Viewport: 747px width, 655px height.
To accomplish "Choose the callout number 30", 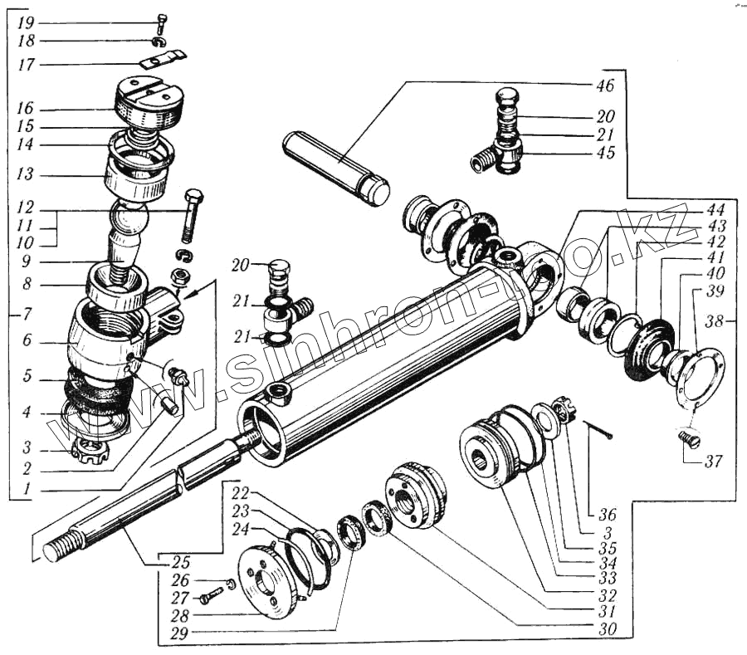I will pyautogui.click(x=608, y=629).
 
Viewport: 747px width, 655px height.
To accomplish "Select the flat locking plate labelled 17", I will pyautogui.click(x=163, y=61).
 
